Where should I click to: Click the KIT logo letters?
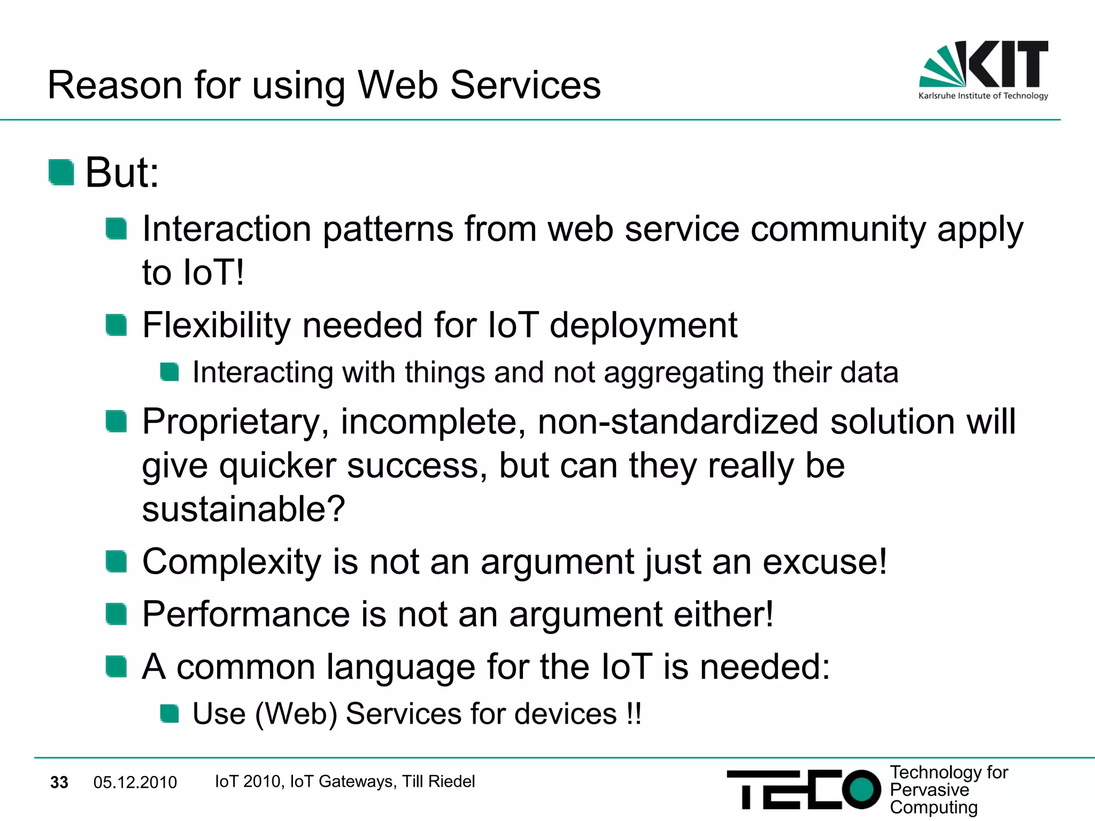tap(1008, 64)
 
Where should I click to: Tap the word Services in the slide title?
tap(526, 86)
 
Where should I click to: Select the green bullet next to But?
tap(61, 173)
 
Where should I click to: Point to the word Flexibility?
tap(216, 326)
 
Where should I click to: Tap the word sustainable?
tap(243, 509)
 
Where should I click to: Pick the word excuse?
tap(824, 562)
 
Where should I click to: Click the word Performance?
tap(245, 615)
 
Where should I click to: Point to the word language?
tap(400, 668)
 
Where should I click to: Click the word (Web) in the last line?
tap(296, 714)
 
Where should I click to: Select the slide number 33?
tap(59, 783)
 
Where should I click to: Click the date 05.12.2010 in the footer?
tap(135, 783)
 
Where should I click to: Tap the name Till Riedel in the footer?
tap(438, 781)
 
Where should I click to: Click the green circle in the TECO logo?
tap(861, 789)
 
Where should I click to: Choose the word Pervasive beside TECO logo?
tap(929, 790)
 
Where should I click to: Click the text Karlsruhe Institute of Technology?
tap(983, 96)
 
